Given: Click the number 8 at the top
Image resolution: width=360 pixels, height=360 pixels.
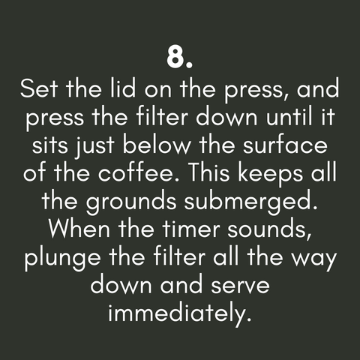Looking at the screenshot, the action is click(x=175, y=57).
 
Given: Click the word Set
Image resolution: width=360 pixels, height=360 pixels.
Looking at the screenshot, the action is click(x=39, y=88).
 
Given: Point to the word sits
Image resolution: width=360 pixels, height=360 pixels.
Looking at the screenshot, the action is click(x=50, y=145).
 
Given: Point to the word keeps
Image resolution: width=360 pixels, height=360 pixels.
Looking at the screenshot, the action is click(x=270, y=174).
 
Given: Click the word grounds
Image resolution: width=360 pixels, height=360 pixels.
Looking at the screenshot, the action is click(x=131, y=202).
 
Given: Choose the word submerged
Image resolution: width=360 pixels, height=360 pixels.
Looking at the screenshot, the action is click(x=250, y=202).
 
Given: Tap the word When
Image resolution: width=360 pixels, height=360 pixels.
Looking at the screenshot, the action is click(x=79, y=229).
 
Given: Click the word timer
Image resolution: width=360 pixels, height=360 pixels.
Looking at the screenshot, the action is click(x=191, y=229).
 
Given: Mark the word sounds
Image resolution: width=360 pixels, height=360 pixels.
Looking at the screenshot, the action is click(x=269, y=229).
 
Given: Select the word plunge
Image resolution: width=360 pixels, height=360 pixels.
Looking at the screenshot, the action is click(x=62, y=259).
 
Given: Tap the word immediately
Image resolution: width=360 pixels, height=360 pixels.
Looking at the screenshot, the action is click(x=179, y=313).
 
